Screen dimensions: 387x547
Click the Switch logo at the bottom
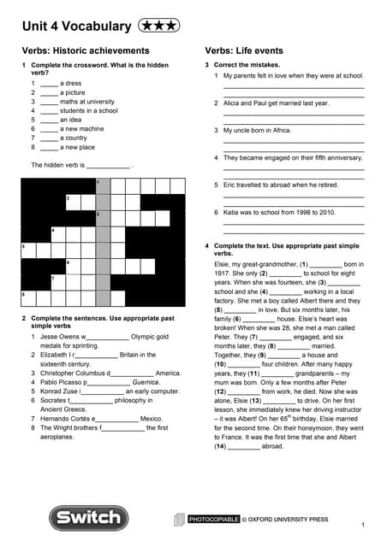(x=82, y=518)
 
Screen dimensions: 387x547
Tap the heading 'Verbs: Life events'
(x=244, y=51)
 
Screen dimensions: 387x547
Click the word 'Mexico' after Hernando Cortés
(x=151, y=419)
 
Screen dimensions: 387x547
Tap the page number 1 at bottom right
(x=363, y=524)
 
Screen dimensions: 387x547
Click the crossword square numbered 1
(x=103, y=185)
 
